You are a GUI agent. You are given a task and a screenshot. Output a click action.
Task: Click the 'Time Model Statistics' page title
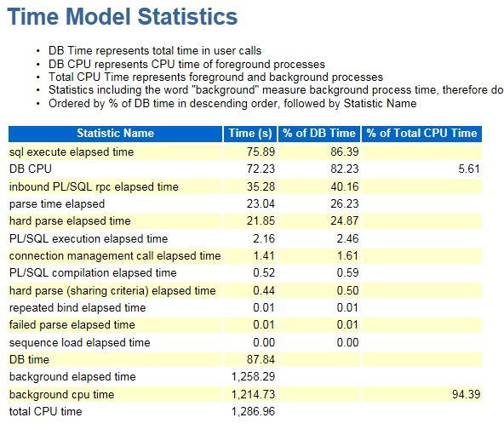(x=122, y=17)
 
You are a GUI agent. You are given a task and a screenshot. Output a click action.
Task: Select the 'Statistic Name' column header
(x=116, y=134)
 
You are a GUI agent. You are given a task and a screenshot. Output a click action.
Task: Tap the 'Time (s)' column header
(x=250, y=134)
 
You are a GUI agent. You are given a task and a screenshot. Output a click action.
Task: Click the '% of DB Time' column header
(x=319, y=134)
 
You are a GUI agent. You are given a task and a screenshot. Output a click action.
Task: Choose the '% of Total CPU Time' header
(x=421, y=134)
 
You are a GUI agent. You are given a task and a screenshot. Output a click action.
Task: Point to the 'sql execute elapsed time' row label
(x=72, y=152)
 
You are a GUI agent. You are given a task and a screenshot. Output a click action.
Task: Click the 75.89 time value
(x=261, y=152)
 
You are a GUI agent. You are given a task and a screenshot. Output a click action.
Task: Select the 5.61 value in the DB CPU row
(x=469, y=169)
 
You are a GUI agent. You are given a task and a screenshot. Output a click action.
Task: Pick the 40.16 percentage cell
(x=345, y=186)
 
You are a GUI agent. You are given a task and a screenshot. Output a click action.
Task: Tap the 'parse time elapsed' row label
(x=57, y=204)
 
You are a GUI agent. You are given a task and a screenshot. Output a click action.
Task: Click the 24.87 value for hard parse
(x=345, y=220)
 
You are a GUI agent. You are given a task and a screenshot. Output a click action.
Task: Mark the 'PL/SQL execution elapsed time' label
(x=89, y=239)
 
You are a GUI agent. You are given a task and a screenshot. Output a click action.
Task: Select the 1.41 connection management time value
(x=264, y=256)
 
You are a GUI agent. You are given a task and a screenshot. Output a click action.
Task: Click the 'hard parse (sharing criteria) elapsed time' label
(x=112, y=291)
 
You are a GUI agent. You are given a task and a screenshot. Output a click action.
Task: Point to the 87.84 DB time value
(x=261, y=359)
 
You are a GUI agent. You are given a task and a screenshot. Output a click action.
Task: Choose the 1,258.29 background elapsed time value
(x=254, y=376)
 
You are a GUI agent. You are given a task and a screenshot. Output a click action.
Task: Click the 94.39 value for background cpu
(x=466, y=394)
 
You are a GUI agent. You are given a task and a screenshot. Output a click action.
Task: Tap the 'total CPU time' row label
(x=46, y=412)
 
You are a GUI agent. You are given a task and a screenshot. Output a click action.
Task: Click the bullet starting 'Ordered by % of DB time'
(x=232, y=104)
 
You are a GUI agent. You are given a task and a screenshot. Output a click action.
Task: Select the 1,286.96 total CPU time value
(x=254, y=412)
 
